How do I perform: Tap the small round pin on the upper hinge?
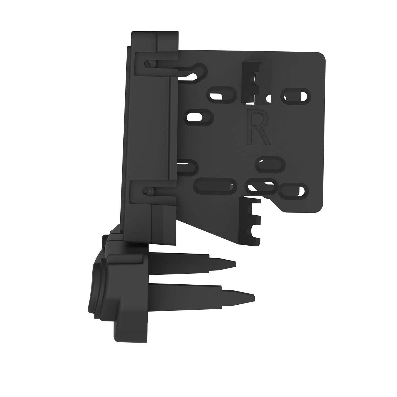[148, 64]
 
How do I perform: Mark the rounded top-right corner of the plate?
[321, 57]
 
